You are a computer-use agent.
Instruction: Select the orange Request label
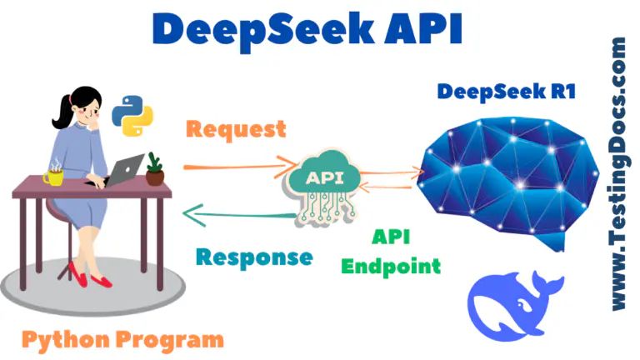[x=236, y=129]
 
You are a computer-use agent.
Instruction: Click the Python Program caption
[x=122, y=339]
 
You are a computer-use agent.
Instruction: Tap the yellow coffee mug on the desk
[x=54, y=176]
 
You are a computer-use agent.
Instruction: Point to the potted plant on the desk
[x=154, y=169]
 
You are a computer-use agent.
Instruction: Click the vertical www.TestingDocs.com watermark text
[x=617, y=175]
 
